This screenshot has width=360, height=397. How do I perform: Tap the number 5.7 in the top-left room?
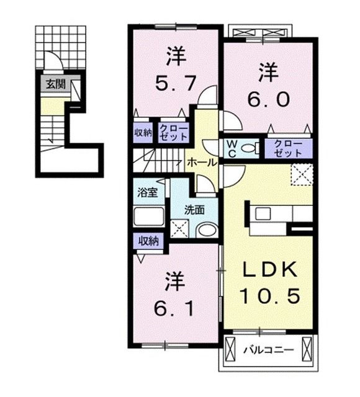(x=176, y=81)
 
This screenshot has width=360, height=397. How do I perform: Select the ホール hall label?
(x=202, y=163)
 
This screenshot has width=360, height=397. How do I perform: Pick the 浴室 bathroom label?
(x=147, y=192)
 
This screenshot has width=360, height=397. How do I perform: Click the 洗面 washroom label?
(x=194, y=210)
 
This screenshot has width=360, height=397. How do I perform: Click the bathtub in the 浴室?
(x=148, y=217)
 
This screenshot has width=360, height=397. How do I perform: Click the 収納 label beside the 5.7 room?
(x=143, y=132)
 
